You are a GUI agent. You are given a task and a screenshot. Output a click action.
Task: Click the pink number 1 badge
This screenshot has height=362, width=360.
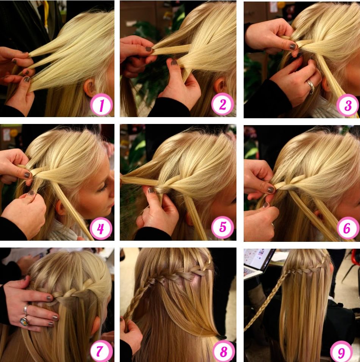point(102,105)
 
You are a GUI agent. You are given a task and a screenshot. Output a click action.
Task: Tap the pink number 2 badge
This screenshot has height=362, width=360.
point(222,104)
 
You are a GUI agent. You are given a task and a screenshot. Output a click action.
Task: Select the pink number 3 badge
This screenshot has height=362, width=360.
point(347,105)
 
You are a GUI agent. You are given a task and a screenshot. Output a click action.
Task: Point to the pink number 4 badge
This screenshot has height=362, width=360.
point(101,229)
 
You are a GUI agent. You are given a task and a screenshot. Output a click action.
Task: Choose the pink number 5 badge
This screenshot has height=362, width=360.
point(222,227)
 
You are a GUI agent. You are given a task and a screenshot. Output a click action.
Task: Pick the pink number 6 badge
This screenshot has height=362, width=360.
point(347,228)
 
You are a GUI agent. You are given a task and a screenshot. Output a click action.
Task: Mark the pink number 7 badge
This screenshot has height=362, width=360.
point(101,351)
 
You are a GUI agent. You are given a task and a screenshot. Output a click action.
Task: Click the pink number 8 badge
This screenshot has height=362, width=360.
point(223,351)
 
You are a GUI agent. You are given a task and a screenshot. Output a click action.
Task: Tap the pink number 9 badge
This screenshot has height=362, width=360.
point(341,352)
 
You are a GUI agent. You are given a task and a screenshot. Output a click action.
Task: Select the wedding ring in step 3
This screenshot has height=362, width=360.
point(310,86)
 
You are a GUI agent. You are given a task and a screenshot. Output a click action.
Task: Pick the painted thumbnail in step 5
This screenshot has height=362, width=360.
point(151,190)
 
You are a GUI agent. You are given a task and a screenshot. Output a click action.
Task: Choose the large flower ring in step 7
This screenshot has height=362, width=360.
point(24,321)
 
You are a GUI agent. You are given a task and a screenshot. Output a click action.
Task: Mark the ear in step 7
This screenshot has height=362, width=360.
point(95,326)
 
